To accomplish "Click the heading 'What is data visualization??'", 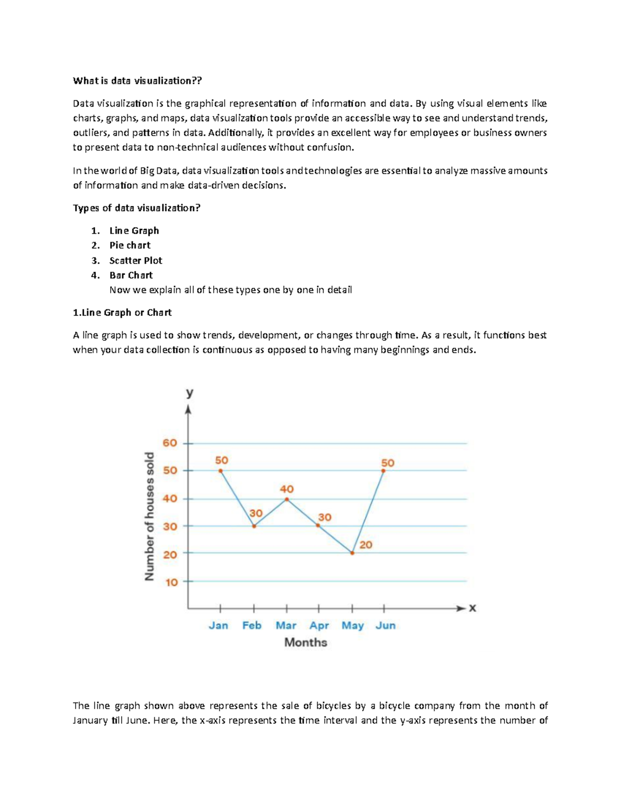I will coord(137,81).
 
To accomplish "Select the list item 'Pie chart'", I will coord(130,245).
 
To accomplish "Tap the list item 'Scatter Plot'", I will coord(136,260).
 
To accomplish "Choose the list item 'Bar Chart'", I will coord(131,275).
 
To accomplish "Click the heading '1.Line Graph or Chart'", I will coord(122,313).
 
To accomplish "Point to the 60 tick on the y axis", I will coord(170,443).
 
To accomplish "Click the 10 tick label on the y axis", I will coord(171,582).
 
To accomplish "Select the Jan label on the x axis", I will coord(218,625).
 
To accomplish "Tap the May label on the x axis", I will coord(352,625).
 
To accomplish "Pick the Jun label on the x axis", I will coord(386,625).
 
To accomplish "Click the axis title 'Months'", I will coord(306,642).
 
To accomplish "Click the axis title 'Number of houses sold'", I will coord(150,516).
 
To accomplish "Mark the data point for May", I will coord(352,553).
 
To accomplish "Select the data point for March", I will coord(287,499).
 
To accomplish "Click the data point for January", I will coord(220,471).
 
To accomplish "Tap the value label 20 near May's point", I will coord(366,545).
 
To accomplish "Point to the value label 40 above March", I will coord(287,489).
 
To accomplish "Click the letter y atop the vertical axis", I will coord(189,393).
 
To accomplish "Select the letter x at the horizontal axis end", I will coord(472,608).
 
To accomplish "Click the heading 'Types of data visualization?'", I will coord(137,208).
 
